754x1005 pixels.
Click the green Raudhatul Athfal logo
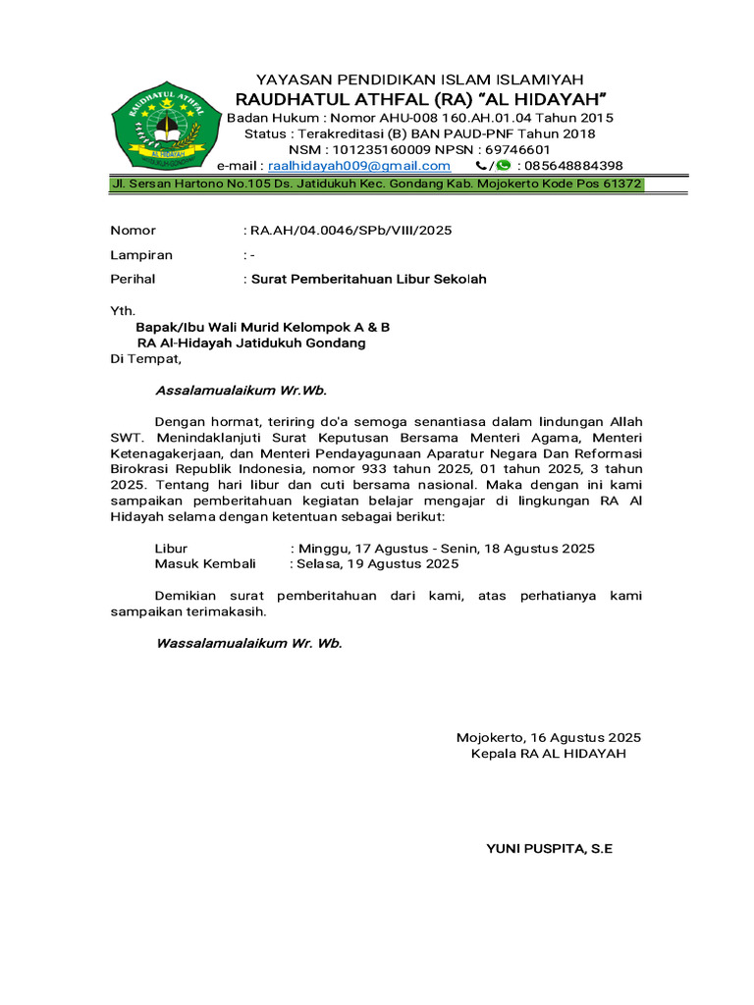point(158,125)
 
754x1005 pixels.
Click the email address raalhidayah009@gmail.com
point(358,166)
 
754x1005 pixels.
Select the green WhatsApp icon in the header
point(504,166)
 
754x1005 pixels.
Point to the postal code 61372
point(619,184)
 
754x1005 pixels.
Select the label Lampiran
point(141,255)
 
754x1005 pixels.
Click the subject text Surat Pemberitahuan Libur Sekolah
point(368,279)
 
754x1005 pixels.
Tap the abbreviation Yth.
point(121,310)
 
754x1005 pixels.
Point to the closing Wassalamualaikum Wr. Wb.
point(249,644)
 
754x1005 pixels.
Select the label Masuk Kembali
point(205,564)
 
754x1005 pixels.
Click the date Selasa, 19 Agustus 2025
point(378,564)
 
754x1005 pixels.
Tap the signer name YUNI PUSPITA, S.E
point(549,848)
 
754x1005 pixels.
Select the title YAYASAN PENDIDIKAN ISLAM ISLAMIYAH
point(419,79)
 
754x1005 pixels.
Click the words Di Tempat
point(146,358)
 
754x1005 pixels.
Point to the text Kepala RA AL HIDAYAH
point(548,754)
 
